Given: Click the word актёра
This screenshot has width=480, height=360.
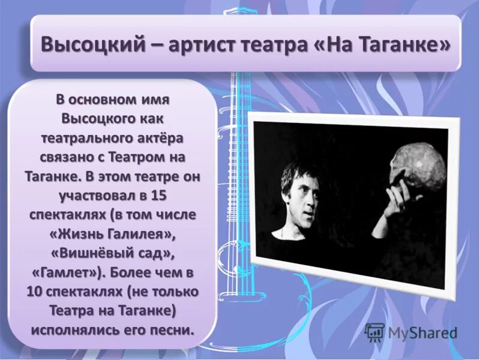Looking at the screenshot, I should pos(163,139).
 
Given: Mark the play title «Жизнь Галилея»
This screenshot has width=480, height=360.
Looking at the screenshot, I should pos(113,235).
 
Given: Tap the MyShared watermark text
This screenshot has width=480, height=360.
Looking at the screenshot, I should pos(422,331).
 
